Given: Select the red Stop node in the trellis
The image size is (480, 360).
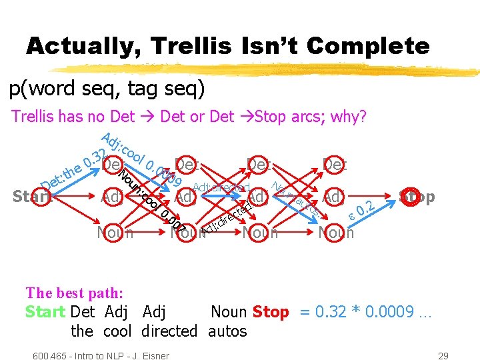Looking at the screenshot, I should pyautogui.click(x=417, y=196).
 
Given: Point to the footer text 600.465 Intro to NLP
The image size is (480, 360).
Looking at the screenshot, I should pyautogui.click(x=101, y=355).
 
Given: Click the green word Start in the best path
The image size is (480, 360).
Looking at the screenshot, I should pyautogui.click(x=45, y=311).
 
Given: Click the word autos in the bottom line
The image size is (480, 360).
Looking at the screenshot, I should pyautogui.click(x=227, y=331).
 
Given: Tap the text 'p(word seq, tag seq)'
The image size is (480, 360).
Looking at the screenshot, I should pyautogui.click(x=107, y=89).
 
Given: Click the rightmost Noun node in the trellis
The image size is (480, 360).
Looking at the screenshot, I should pyautogui.click(x=337, y=233).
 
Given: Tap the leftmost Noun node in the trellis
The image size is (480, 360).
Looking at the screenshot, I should pyautogui.click(x=115, y=233).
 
